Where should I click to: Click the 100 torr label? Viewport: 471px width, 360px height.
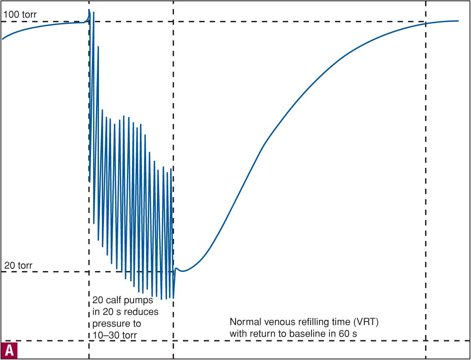(x=20, y=15)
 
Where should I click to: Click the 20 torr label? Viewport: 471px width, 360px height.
(x=18, y=265)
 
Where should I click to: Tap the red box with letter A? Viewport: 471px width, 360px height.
(x=9, y=350)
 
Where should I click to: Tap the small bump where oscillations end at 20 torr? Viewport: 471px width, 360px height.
(x=177, y=269)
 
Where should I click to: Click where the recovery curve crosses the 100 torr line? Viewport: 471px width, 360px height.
(x=425, y=23)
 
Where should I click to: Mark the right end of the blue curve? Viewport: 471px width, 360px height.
(x=458, y=21)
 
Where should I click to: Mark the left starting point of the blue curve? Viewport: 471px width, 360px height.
(x=3, y=39)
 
